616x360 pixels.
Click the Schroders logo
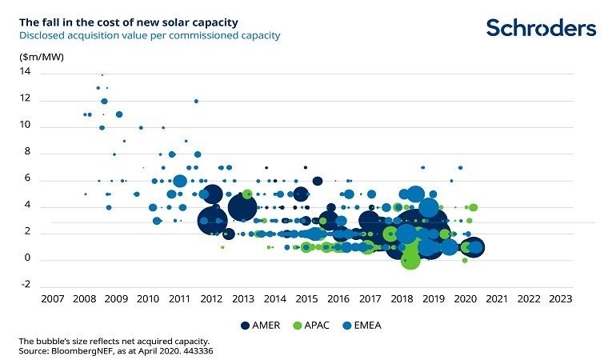click(541, 28)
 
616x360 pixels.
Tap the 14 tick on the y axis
click(26, 72)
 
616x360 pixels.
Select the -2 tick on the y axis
click(26, 284)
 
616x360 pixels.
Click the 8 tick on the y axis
click(27, 152)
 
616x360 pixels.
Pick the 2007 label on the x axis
click(53, 300)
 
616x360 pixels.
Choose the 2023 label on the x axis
click(560, 300)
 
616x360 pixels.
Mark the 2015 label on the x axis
click(306, 300)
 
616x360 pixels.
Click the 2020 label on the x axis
click(465, 300)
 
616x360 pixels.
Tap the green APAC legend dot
click(298, 326)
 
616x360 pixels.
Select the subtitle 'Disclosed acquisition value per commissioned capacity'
click(150, 36)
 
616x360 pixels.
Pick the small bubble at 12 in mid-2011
click(196, 101)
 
